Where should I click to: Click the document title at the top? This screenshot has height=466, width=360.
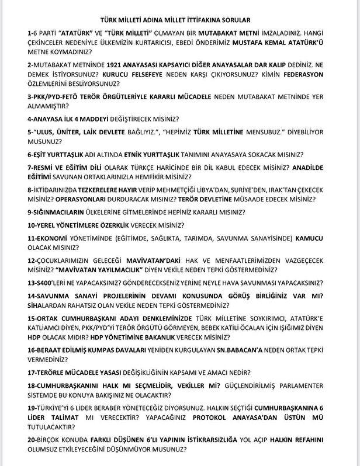(180, 18)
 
